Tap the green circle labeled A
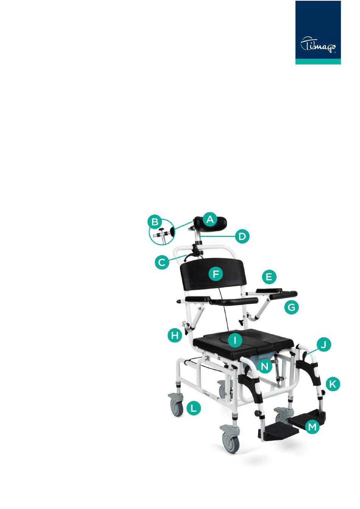210,220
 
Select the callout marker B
155,222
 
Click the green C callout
162,263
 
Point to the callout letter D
242,236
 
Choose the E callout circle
269,277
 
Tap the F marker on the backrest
216,274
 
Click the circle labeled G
291,307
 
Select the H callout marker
175,335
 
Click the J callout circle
324,345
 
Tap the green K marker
332,384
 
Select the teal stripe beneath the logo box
318,61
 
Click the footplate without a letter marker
278,431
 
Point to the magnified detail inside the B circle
163,233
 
